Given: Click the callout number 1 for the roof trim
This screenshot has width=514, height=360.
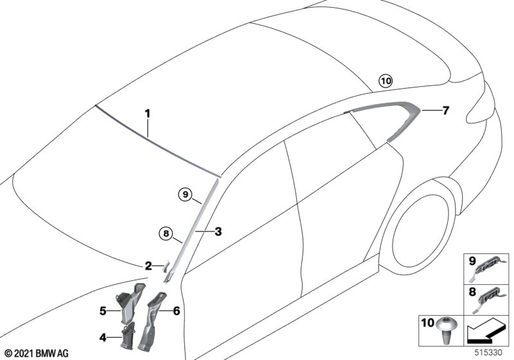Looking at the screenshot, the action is (x=148, y=114).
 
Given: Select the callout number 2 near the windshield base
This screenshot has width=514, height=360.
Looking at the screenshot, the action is (x=148, y=266).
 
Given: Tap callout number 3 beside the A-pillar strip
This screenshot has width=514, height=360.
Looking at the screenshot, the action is (x=218, y=231).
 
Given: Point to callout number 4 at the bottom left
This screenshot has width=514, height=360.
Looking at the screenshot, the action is (x=103, y=337).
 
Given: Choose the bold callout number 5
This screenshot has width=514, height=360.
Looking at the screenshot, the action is (x=103, y=310).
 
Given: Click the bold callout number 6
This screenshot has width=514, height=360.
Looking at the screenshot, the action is (x=176, y=310).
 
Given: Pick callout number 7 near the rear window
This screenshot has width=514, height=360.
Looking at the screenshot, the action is (x=445, y=111).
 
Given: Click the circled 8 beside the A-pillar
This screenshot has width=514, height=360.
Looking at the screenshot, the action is (x=166, y=234).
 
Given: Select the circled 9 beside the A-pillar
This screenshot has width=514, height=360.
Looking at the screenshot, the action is (x=186, y=195).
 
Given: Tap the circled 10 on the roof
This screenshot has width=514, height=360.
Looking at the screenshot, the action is (x=386, y=80).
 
